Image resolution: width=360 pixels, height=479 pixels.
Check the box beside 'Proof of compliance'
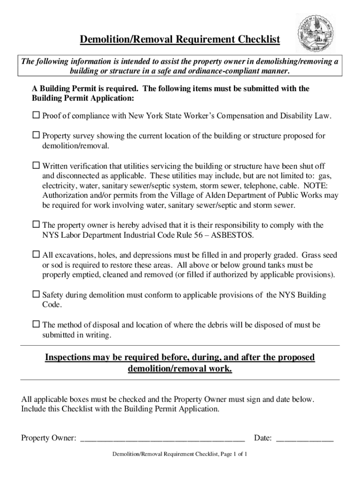[x=36, y=115]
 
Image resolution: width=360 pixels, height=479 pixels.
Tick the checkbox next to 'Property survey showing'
[x=36, y=136]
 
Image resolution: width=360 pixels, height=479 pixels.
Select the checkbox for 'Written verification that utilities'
[x=36, y=166]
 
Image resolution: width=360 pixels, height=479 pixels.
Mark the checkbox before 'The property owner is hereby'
[x=36, y=225]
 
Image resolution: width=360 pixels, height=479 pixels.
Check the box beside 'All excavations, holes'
[x=36, y=255]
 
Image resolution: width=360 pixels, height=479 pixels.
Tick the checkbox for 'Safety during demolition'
[x=36, y=295]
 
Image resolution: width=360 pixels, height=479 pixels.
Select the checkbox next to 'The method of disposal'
[x=36, y=325]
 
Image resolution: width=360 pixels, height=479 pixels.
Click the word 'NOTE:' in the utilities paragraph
[x=325, y=186]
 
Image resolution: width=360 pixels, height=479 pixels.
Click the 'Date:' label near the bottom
[x=263, y=438]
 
